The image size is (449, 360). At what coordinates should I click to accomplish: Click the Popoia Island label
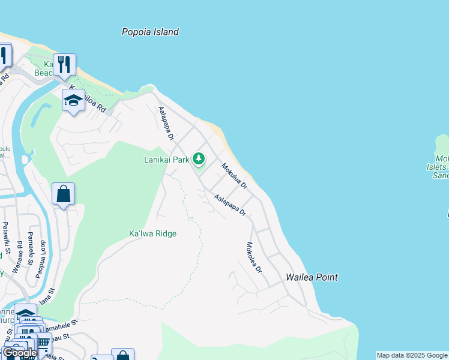pyautogui.click(x=150, y=32)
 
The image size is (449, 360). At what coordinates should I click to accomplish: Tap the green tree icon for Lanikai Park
pyautogui.click(x=199, y=159)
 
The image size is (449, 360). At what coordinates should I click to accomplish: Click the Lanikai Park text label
pyautogui.click(x=166, y=160)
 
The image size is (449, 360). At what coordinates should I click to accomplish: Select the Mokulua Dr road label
pyautogui.click(x=234, y=176)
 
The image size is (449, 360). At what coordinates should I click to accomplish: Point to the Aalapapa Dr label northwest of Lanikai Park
pyautogui.click(x=165, y=124)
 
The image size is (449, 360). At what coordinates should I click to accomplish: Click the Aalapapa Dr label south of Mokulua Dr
pyautogui.click(x=230, y=204)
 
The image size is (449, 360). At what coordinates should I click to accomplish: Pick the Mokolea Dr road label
pyautogui.click(x=254, y=257)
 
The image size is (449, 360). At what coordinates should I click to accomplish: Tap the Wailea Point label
pyautogui.click(x=312, y=277)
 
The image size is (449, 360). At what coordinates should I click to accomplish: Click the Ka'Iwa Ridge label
pyautogui.click(x=153, y=233)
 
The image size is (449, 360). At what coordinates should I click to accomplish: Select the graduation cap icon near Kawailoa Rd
pyautogui.click(x=73, y=100)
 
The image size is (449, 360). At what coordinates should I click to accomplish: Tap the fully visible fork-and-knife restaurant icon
pyautogui.click(x=64, y=64)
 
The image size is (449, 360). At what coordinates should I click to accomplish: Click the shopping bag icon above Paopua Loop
pyautogui.click(x=63, y=194)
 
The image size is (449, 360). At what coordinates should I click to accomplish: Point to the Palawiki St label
pyautogui.click(x=5, y=237)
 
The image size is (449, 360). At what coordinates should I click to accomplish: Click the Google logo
pyautogui.click(x=20, y=353)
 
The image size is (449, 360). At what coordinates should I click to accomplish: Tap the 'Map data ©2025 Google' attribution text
pyautogui.click(x=412, y=355)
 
